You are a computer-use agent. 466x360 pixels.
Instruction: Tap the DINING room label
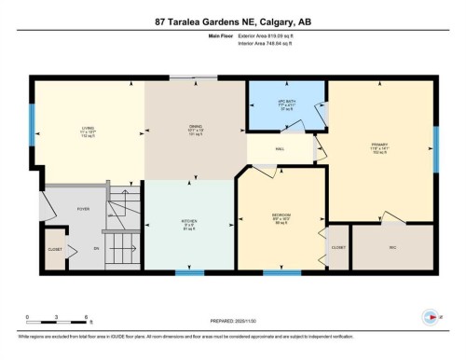coord(194,129)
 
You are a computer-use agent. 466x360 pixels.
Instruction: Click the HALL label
coord(279,150)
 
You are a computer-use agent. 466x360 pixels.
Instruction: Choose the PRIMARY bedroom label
coord(378,145)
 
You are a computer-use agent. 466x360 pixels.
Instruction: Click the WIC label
coord(391,247)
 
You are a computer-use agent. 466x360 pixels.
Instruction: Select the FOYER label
coord(82,210)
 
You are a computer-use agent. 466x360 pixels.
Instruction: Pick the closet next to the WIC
coord(337,247)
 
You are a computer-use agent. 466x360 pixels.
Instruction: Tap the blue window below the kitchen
coord(189,272)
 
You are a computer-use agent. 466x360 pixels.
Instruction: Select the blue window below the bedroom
coord(275,272)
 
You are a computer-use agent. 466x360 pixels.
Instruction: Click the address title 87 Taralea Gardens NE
coord(232,21)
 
